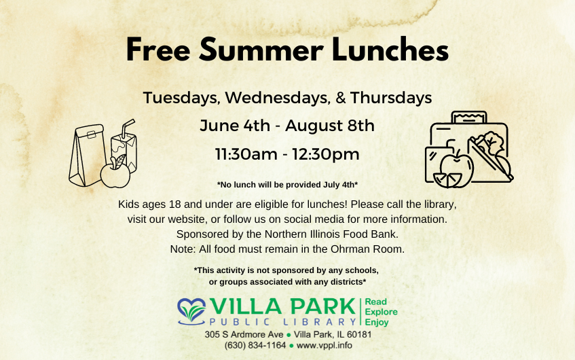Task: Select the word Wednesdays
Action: (x=274, y=98)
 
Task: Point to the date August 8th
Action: (x=330, y=126)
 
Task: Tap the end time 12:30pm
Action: (x=325, y=154)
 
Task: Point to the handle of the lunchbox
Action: (x=469, y=118)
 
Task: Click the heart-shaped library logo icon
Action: (x=193, y=309)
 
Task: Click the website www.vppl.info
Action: (x=324, y=345)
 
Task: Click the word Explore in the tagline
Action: (x=382, y=312)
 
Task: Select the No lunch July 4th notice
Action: (x=287, y=185)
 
